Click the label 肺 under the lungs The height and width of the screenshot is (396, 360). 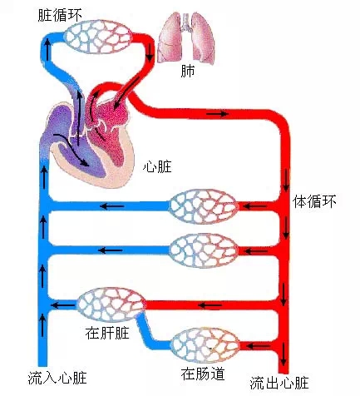[188, 71]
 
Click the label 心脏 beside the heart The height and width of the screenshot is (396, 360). [157, 166]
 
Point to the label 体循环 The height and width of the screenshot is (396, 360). [315, 202]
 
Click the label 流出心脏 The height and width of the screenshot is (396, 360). [280, 383]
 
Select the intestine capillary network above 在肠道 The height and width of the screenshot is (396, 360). [203, 344]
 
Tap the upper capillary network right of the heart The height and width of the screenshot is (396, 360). [204, 205]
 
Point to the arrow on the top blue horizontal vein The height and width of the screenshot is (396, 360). [112, 205]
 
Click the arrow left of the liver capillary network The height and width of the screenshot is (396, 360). [60, 305]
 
